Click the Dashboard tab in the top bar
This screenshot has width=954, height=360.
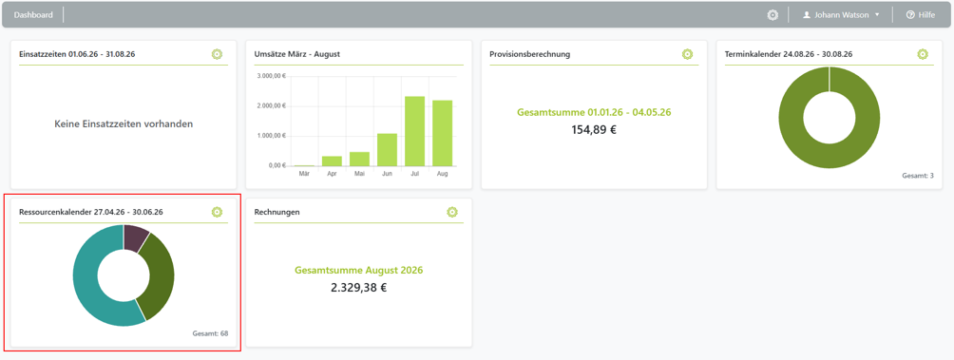[x=33, y=14]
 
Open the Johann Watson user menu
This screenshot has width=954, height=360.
[x=841, y=14]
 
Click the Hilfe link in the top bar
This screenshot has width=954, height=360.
[x=921, y=14]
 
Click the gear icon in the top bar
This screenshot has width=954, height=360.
[x=773, y=14]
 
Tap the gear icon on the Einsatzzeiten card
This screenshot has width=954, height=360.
[x=218, y=54]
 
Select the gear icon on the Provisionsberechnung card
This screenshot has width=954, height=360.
[x=688, y=54]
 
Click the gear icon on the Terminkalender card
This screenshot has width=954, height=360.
[x=923, y=54]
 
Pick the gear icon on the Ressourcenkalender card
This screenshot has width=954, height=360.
[x=218, y=212]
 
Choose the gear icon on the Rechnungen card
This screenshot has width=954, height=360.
[x=452, y=212]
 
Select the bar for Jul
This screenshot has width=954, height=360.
[x=414, y=131]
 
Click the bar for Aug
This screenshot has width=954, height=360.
[x=443, y=133]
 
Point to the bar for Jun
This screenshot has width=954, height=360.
[x=387, y=149]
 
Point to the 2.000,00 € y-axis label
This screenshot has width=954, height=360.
[x=272, y=105]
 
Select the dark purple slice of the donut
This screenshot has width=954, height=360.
[x=135, y=237]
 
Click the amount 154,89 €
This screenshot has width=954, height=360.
[x=594, y=129]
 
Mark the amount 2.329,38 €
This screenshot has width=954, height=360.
[x=359, y=288]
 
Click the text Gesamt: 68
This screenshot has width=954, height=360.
[x=210, y=333]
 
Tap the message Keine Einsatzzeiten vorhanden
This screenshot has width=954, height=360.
[x=124, y=123]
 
